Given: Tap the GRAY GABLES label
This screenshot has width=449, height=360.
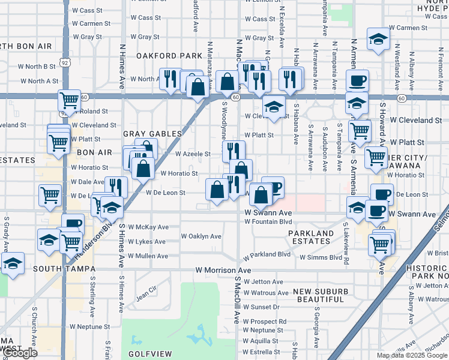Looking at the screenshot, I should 152,134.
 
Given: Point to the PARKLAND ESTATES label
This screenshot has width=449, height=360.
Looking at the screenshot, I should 310,237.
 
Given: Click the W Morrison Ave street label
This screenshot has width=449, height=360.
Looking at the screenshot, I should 223,271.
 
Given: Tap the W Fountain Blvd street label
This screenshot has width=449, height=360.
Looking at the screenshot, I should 268,221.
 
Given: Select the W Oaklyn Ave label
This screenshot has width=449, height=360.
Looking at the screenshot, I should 201,236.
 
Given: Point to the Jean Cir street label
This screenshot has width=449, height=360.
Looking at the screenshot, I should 146,293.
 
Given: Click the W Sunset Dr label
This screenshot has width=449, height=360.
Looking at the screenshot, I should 262,307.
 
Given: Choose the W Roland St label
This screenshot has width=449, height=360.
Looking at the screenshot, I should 90,111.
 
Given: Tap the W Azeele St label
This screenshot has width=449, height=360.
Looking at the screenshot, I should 193,154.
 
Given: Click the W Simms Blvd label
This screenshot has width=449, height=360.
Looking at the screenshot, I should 321,257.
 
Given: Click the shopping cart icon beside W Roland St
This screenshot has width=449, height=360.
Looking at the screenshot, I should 70,100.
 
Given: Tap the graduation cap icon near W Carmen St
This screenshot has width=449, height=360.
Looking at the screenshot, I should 378,39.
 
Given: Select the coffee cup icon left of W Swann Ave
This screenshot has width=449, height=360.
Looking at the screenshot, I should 376,210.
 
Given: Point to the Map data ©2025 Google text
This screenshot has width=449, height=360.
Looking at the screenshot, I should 412,355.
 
